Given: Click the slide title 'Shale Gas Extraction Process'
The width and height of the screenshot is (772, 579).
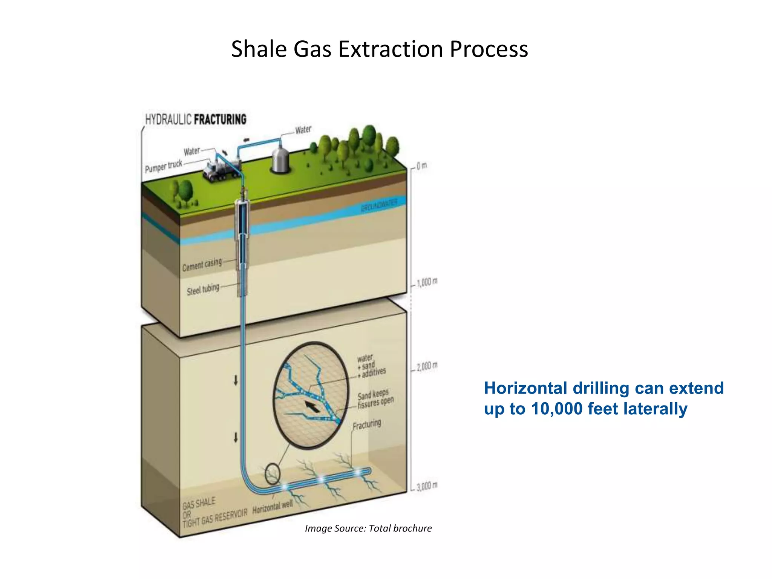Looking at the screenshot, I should tap(379, 49).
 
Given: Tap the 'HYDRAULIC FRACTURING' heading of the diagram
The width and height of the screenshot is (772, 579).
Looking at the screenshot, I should tap(196, 119).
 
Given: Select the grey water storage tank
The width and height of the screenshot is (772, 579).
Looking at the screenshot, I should tap(280, 160).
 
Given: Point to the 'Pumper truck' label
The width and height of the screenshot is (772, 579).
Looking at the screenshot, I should tap(164, 166).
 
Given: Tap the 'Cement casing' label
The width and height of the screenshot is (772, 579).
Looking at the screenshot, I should tap(202, 265).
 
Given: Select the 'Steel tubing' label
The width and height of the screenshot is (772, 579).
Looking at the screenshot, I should tap(203, 289).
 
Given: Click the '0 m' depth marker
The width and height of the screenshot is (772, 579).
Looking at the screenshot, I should tap(422, 166).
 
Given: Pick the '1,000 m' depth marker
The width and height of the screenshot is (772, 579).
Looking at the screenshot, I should tap(427, 282).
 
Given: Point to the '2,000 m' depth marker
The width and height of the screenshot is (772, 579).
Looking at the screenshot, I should tap(427, 366).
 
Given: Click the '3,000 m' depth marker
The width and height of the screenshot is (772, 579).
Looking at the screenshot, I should tap(427, 486).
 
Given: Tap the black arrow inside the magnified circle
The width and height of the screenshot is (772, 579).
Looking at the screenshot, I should tap(312, 407).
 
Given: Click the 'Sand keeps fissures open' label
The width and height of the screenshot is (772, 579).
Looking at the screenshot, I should tap(375, 399).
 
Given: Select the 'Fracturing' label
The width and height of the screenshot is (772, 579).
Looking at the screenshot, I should tap(367, 424).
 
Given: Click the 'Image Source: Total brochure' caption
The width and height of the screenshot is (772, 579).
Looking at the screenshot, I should tap(368, 528).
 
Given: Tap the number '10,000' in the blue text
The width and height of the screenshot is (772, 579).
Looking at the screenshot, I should tap(557, 409).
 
